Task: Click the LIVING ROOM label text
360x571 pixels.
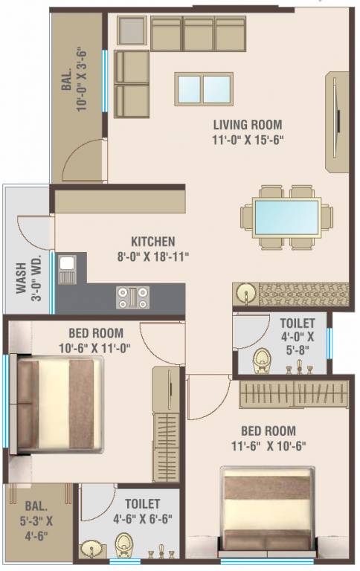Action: tap(248, 125)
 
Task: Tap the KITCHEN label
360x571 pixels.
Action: tap(153, 242)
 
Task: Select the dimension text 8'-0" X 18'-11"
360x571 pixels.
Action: tap(153, 257)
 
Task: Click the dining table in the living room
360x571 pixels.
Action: tap(286, 217)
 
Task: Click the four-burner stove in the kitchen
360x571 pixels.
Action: tap(132, 297)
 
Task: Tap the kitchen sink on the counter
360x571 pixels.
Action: tap(67, 269)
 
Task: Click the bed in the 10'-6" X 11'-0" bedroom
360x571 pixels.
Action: tap(60, 404)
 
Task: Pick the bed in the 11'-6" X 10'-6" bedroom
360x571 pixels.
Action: tap(266, 511)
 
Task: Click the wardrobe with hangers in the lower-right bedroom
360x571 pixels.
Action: tap(294, 394)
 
